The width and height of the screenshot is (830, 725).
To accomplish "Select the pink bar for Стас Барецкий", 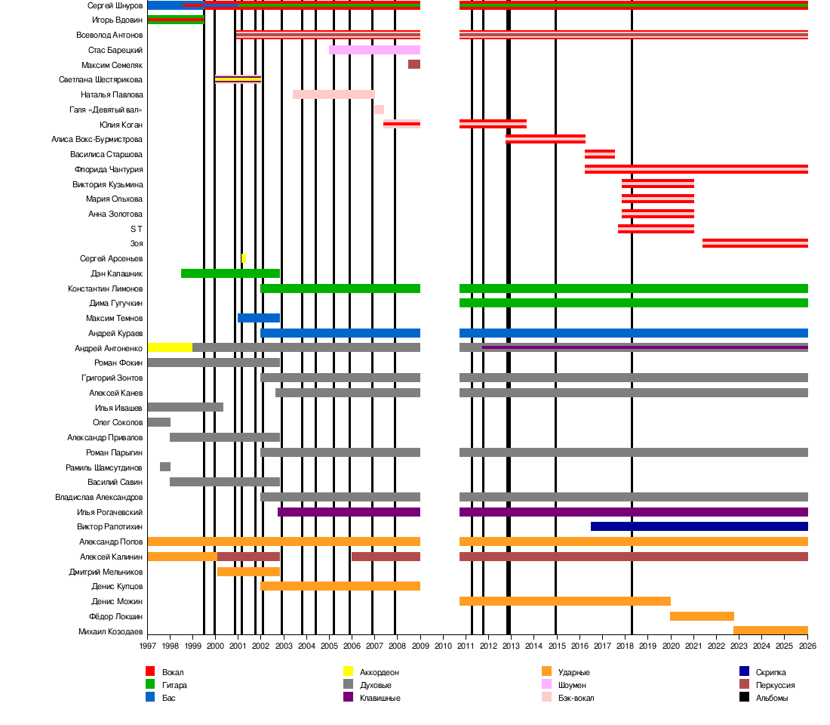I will [x=374, y=50].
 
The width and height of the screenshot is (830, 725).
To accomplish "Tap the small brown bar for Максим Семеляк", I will [x=414, y=65].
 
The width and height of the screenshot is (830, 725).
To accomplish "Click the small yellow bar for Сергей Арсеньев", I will [x=243, y=258].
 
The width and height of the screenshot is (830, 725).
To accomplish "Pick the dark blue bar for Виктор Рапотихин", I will [x=699, y=526].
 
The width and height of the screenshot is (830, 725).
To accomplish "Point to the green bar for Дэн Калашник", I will [x=230, y=273].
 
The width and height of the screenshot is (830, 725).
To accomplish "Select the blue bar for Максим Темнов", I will [x=259, y=318].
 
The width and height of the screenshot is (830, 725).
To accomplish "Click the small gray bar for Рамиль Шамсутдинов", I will [x=165, y=467].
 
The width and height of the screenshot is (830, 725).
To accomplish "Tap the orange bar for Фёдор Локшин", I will [x=702, y=616].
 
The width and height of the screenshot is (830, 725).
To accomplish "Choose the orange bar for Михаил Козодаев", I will [x=770, y=631].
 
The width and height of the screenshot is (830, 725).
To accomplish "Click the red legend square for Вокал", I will [x=150, y=671].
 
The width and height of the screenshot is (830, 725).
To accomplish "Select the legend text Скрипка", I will [x=770, y=672].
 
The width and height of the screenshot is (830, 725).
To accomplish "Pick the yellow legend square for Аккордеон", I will [x=348, y=671].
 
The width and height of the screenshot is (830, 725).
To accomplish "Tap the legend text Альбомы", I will [x=772, y=698].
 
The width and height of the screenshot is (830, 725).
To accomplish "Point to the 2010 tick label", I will [x=443, y=646].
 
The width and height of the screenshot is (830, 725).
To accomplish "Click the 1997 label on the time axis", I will [x=147, y=646].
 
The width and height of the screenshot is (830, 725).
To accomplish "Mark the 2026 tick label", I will [x=807, y=646].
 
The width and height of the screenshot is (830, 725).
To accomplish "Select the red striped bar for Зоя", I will [x=755, y=243].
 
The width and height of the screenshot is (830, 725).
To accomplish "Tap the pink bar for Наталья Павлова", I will [x=334, y=94].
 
